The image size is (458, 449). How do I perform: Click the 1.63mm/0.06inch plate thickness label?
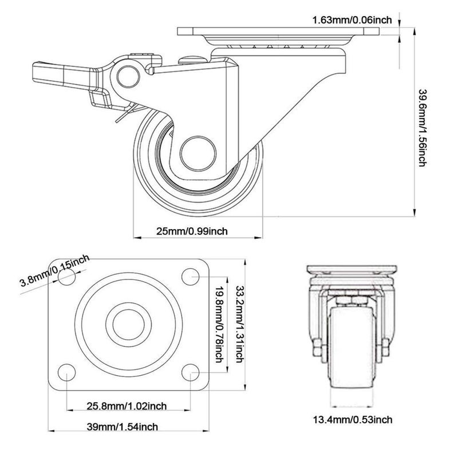click(x=352, y=20)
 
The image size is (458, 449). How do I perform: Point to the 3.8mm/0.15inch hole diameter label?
click(x=55, y=273)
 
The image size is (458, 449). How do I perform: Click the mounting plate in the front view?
click(x=350, y=270)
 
